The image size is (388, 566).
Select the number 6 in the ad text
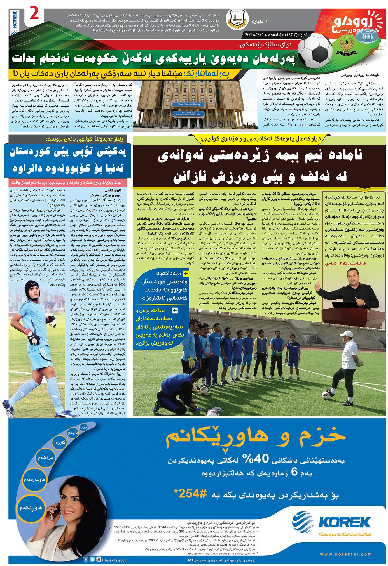294,472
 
